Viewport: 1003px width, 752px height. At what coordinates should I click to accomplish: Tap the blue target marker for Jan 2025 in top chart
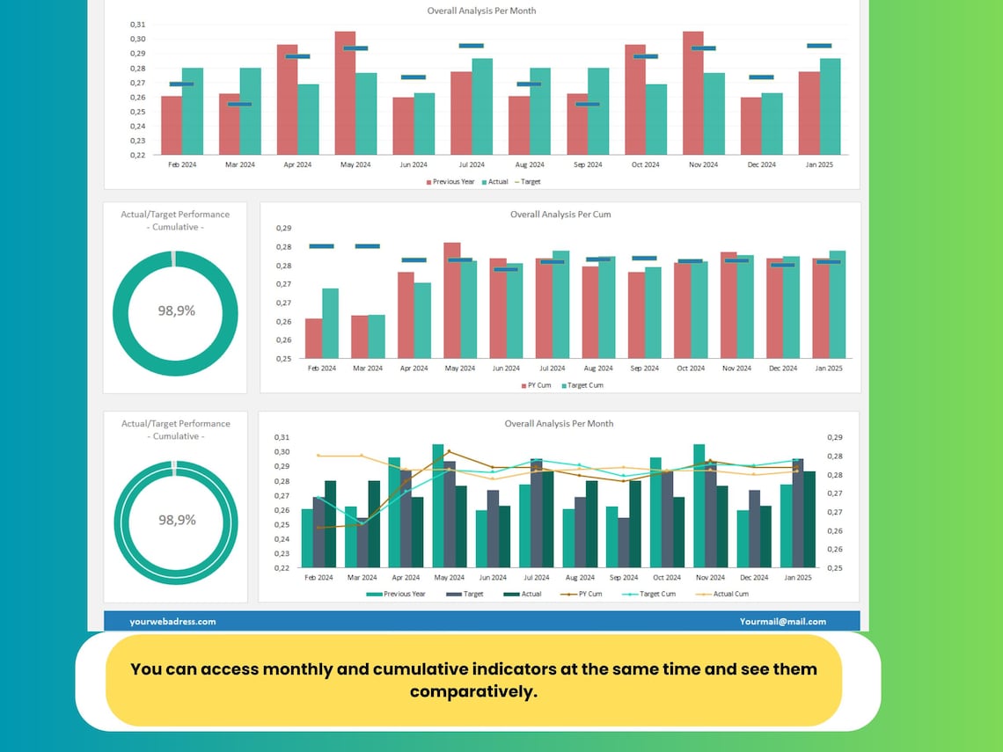819,46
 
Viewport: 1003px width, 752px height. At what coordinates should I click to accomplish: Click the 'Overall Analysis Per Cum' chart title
560,215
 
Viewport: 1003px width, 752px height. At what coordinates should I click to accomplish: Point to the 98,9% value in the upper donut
176,310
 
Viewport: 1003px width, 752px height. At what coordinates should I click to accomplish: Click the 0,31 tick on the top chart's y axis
137,25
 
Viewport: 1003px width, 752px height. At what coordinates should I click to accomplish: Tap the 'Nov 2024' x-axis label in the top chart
703,164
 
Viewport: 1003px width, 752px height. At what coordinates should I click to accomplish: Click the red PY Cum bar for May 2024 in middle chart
451,300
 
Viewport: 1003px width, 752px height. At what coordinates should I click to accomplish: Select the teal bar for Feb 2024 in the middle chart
330,323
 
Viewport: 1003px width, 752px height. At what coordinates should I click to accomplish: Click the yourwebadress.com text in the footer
172,621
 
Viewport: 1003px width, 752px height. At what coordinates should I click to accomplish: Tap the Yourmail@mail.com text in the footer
782,621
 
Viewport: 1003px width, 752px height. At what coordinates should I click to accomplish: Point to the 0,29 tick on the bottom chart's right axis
836,437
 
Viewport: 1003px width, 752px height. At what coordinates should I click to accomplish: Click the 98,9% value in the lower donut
176,520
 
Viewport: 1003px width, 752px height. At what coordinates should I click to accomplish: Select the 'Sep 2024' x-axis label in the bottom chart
623,578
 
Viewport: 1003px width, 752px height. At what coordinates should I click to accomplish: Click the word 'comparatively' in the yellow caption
473,692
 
